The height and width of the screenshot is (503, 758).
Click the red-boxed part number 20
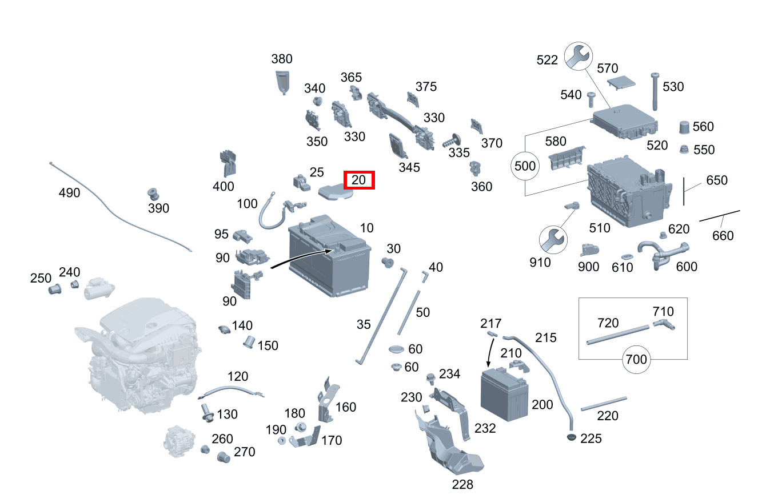tap(358, 180)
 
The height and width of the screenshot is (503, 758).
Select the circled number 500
tap(525, 166)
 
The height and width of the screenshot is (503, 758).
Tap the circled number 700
tap(636, 359)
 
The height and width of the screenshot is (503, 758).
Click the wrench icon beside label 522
tap(579, 57)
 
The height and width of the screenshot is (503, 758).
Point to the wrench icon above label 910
tap(553, 240)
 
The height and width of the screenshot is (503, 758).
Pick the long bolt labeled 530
tap(655, 91)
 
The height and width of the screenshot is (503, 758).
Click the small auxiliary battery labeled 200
tap(504, 394)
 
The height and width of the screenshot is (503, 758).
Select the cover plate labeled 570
tap(621, 82)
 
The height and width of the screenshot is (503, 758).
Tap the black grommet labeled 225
tap(571, 437)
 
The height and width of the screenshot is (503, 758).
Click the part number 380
tap(282, 59)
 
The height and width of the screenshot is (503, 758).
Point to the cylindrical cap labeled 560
tap(684, 127)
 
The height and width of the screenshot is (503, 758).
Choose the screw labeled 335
tap(452, 141)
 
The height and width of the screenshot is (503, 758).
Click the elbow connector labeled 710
tap(664, 324)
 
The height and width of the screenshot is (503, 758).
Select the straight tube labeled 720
tap(618, 335)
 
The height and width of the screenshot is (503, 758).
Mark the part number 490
tap(69, 192)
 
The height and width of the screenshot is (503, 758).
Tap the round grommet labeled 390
tap(153, 194)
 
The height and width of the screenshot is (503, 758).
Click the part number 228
tap(462, 484)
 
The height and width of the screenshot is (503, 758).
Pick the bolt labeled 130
tap(207, 413)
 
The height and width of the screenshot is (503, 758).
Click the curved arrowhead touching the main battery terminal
tap(329, 251)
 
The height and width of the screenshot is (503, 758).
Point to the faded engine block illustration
tap(139, 355)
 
